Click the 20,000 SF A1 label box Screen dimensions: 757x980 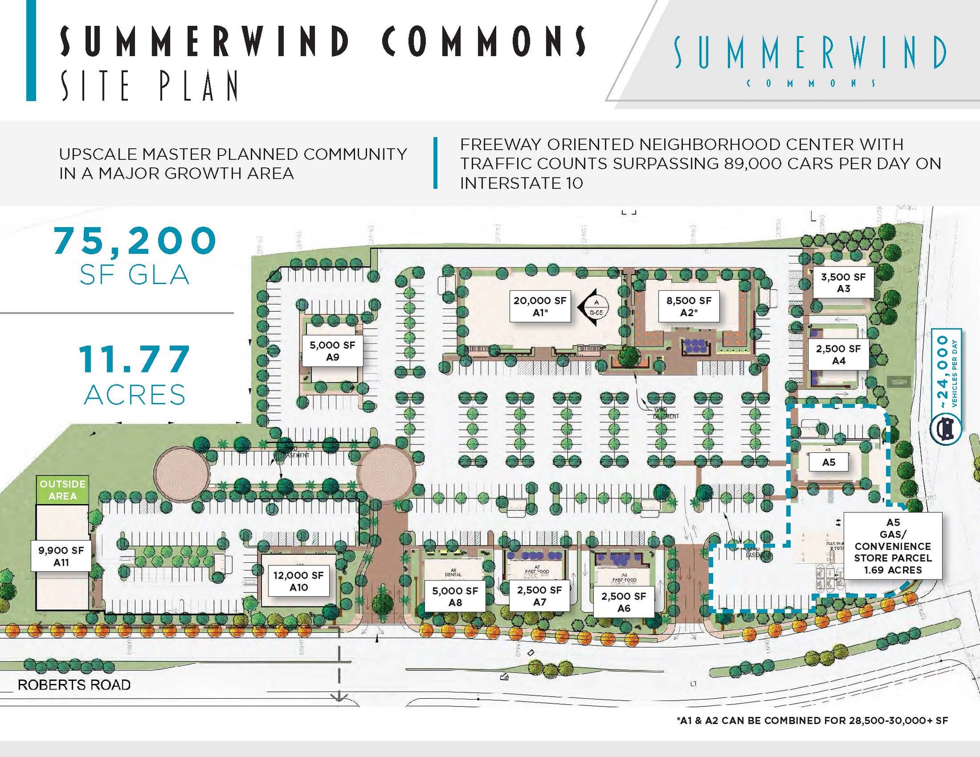[x=540, y=306]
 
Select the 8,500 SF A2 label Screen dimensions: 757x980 [x=689, y=306]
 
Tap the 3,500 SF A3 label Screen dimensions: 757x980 [x=843, y=283]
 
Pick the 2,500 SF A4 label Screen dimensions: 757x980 [x=838, y=355]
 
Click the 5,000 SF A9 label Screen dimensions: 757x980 [x=332, y=351]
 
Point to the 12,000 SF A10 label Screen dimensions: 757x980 [x=299, y=581]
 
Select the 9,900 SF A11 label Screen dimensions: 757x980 [x=61, y=556]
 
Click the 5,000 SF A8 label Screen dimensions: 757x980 [x=455, y=596]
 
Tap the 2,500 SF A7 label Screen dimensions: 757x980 [x=539, y=596]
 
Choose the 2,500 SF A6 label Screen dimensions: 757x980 [x=624, y=602]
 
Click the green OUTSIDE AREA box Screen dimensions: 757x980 [x=63, y=490]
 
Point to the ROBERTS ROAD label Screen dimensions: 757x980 [x=74, y=685]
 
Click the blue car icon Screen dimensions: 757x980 [x=946, y=428]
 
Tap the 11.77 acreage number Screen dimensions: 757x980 [x=135, y=359]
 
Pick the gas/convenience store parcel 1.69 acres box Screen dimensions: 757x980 [x=892, y=546]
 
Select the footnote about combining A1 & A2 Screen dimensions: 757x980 [x=812, y=721]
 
